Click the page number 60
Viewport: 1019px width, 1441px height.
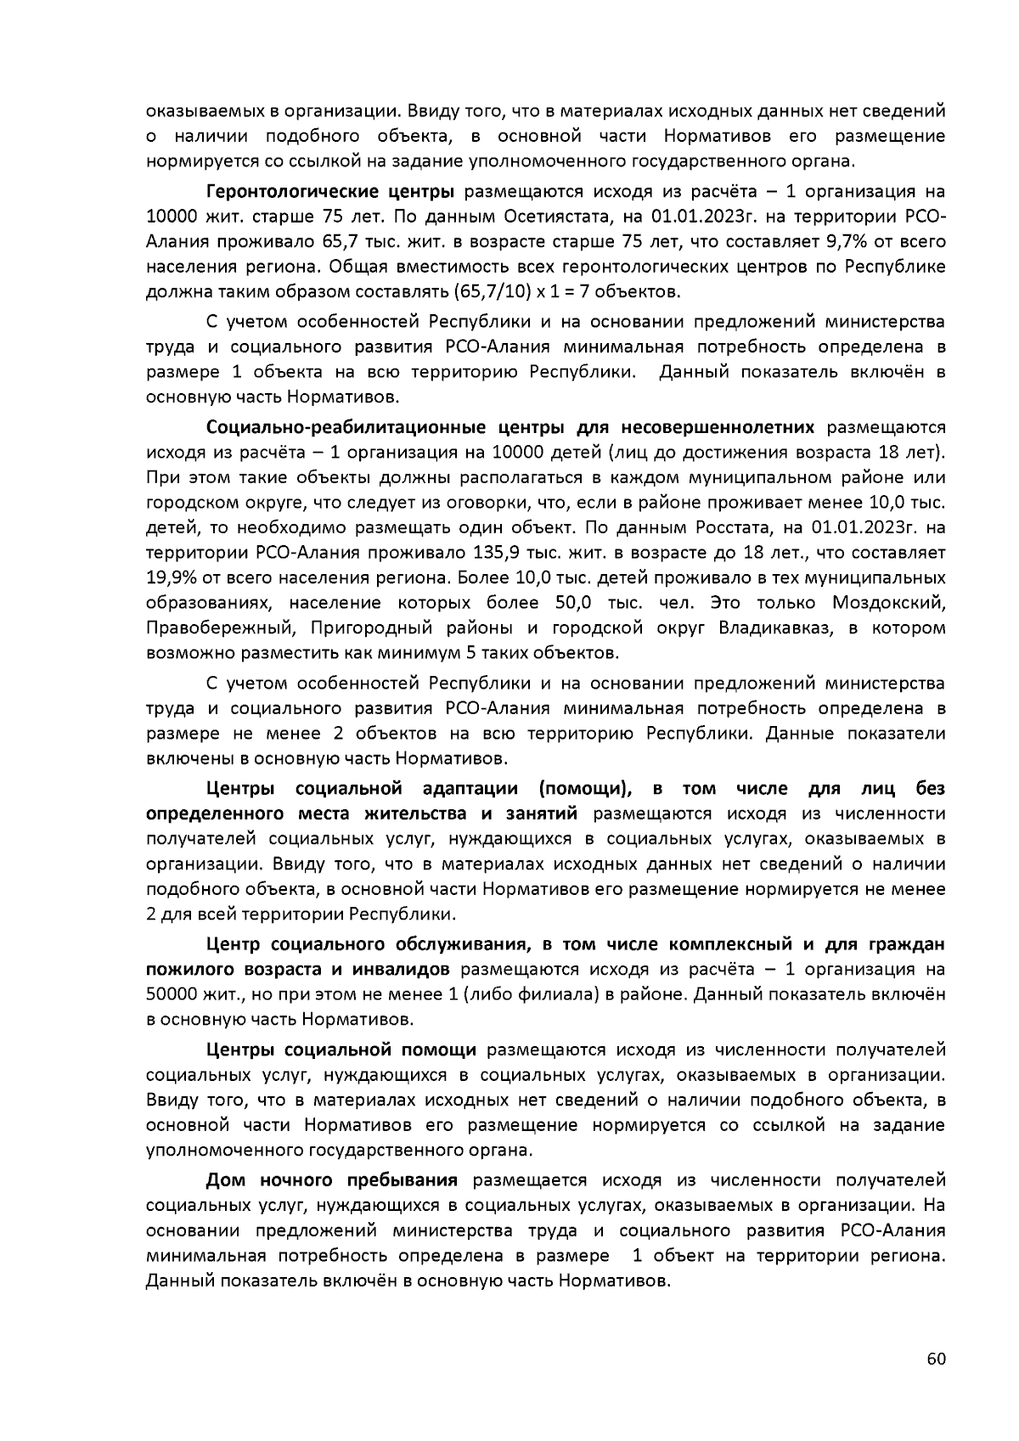click(936, 1359)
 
